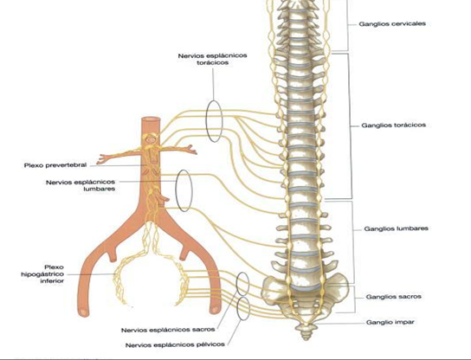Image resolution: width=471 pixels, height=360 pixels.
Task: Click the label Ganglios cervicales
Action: click(x=392, y=23)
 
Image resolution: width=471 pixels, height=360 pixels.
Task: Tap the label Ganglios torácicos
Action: click(x=393, y=125)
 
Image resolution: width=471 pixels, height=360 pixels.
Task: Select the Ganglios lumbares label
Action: click(x=396, y=228)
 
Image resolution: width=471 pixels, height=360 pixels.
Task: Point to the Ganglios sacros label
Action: click(x=393, y=297)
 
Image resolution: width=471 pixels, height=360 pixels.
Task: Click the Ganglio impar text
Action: click(x=390, y=322)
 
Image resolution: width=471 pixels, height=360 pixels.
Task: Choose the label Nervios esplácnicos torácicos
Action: click(x=213, y=59)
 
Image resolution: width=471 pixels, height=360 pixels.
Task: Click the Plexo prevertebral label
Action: click(x=55, y=165)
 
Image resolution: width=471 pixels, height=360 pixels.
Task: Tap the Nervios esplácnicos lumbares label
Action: click(x=81, y=185)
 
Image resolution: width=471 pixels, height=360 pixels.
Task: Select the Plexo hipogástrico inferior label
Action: click(x=42, y=274)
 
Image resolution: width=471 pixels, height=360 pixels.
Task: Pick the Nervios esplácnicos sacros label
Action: click(x=168, y=330)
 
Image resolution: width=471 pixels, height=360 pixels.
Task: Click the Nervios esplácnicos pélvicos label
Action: click(x=175, y=345)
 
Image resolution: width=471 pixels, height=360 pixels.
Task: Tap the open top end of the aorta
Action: click(x=151, y=119)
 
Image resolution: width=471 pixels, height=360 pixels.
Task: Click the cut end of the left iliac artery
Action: click(x=83, y=312)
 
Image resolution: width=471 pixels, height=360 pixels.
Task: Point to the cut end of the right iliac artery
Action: click(x=215, y=310)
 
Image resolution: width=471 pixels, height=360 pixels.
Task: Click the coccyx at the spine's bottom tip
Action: click(x=306, y=332)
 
